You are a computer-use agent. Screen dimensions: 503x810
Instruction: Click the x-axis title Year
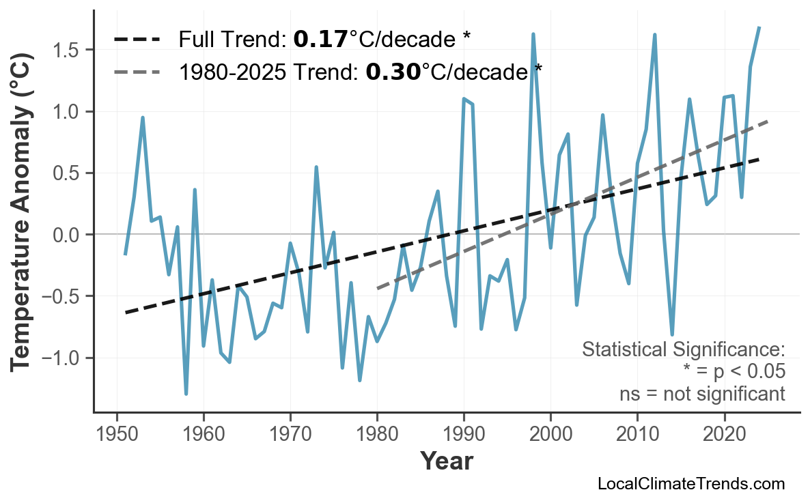[446, 461]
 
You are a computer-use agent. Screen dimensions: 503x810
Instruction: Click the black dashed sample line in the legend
[137, 40]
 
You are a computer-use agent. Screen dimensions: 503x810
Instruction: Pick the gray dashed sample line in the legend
[137, 72]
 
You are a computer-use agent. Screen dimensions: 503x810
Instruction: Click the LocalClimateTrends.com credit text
[691, 484]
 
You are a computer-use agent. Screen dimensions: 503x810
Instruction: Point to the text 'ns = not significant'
[702, 394]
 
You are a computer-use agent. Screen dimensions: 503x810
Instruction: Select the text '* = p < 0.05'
[734, 371]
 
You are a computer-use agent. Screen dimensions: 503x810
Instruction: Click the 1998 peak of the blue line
[533, 34]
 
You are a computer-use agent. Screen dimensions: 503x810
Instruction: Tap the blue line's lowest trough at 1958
[186, 394]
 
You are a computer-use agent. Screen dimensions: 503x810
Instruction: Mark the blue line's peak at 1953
[143, 117]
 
